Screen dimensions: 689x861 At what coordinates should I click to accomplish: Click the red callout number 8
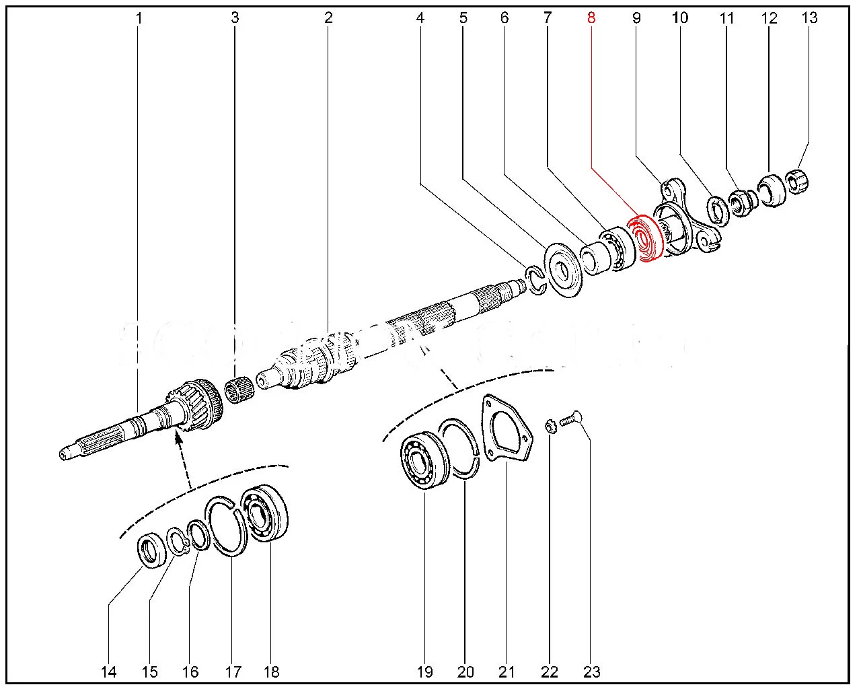click(591, 17)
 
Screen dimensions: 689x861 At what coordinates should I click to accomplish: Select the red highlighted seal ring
click(645, 239)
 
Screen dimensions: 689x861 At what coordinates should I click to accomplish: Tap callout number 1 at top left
click(139, 17)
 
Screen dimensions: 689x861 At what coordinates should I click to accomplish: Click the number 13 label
click(809, 17)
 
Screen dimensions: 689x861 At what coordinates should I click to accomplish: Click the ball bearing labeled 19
click(424, 462)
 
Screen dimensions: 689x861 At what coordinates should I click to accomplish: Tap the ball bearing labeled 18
click(266, 512)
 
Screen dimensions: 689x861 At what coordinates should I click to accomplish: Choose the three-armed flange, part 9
click(686, 219)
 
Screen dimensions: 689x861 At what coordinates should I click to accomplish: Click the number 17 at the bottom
click(233, 672)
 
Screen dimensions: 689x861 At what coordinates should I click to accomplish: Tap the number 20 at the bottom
click(465, 672)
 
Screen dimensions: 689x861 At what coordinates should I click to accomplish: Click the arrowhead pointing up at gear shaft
click(178, 439)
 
